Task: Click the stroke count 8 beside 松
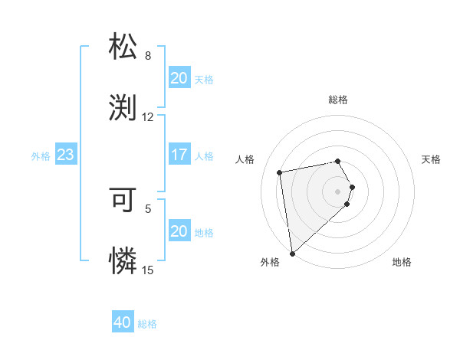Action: [x=148, y=56]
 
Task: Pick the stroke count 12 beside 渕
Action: [x=148, y=116]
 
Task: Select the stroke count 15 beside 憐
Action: [x=148, y=270]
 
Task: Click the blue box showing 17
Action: [x=179, y=155]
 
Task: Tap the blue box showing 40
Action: [x=123, y=322]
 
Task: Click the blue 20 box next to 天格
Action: [x=179, y=78]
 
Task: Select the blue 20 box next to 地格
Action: [x=179, y=231]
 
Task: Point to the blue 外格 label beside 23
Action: [x=41, y=156]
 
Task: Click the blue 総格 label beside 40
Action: [x=147, y=324]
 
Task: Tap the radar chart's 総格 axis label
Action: [x=338, y=100]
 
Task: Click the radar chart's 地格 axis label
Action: [x=402, y=263]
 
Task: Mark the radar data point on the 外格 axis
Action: [x=292, y=254]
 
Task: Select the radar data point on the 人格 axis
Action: [x=280, y=172]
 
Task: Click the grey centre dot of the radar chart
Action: [x=338, y=191]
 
